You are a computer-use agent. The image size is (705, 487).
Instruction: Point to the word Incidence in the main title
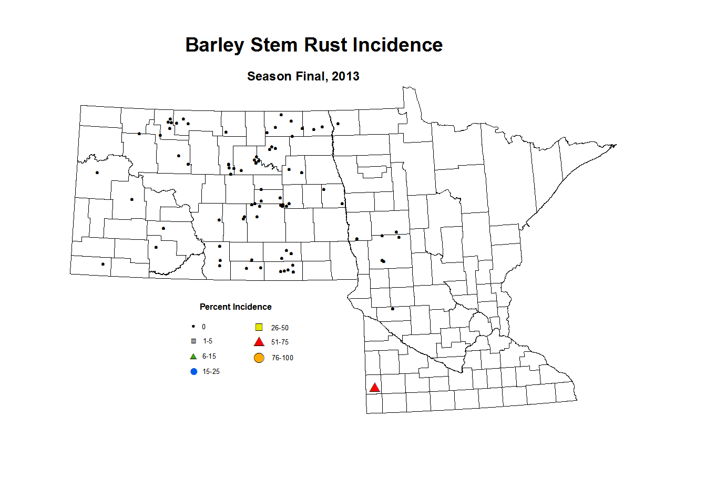click(397, 45)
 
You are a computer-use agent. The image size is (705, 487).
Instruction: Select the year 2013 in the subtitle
click(345, 76)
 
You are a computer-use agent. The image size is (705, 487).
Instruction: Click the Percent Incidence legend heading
click(236, 307)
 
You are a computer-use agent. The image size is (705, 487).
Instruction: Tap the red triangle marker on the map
click(374, 388)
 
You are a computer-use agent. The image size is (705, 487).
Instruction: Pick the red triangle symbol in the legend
click(259, 342)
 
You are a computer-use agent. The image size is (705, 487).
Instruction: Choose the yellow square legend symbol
click(259, 327)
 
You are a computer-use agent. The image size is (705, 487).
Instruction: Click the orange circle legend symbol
click(259, 358)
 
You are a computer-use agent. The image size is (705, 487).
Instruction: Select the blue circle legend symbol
click(193, 372)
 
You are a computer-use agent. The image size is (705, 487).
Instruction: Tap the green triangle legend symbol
click(193, 356)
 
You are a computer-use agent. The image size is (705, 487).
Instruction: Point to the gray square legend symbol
click(193, 341)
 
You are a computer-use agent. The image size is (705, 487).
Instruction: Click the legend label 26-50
click(280, 328)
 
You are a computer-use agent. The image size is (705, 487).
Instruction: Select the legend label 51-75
click(280, 342)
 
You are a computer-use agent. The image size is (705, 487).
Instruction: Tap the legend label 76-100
click(282, 358)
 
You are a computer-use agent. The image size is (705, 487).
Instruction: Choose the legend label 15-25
click(211, 372)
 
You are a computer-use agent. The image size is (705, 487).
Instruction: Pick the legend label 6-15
click(209, 357)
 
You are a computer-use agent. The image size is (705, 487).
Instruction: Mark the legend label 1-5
click(208, 341)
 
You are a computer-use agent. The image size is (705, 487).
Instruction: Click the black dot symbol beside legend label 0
click(193, 327)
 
